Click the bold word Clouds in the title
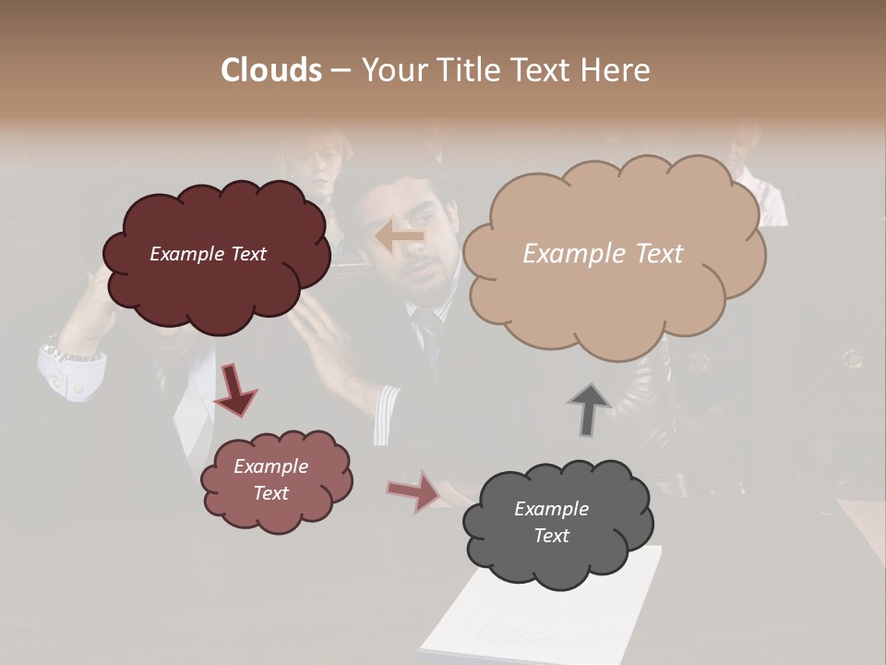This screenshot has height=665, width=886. [271, 70]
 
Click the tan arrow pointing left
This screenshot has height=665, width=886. [401, 236]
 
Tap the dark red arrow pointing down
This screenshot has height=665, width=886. [234, 390]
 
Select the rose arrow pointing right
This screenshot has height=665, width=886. [414, 491]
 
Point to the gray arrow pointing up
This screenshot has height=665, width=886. [590, 409]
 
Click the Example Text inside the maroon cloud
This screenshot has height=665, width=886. [208, 254]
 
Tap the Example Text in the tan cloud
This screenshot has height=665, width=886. [603, 254]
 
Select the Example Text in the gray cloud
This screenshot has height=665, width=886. [551, 522]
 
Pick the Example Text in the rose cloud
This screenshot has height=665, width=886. [271, 479]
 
